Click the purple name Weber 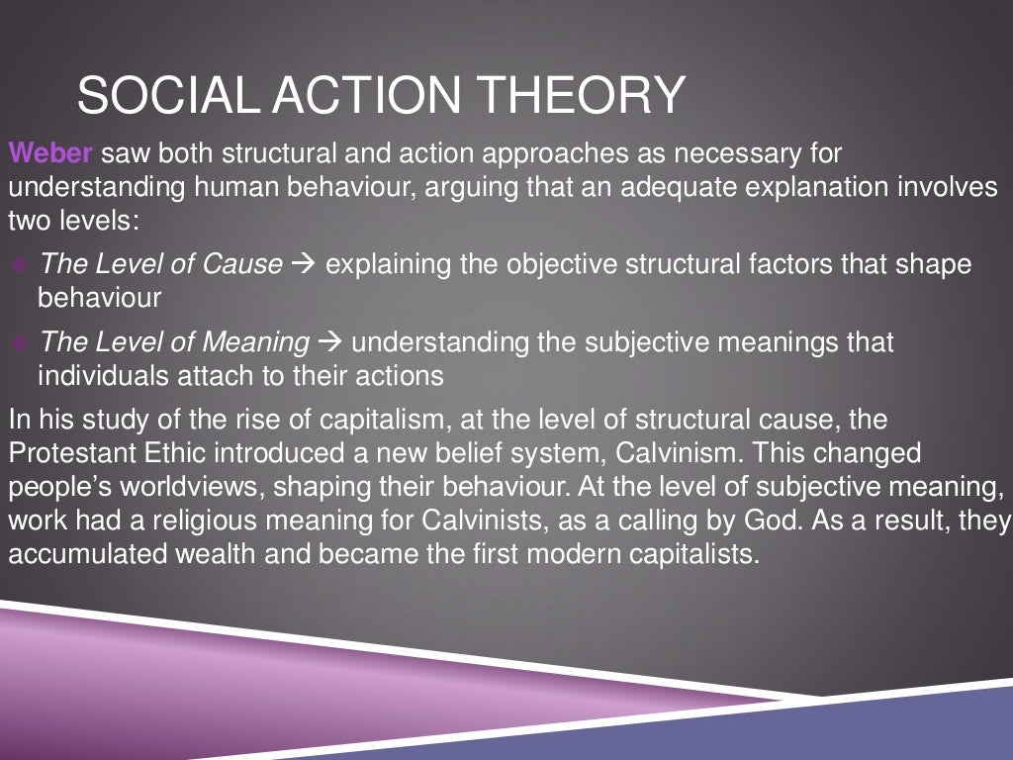click(x=50, y=154)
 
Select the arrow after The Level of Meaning click(x=330, y=343)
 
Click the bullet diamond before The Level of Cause click(x=21, y=265)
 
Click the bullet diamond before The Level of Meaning click(x=21, y=343)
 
